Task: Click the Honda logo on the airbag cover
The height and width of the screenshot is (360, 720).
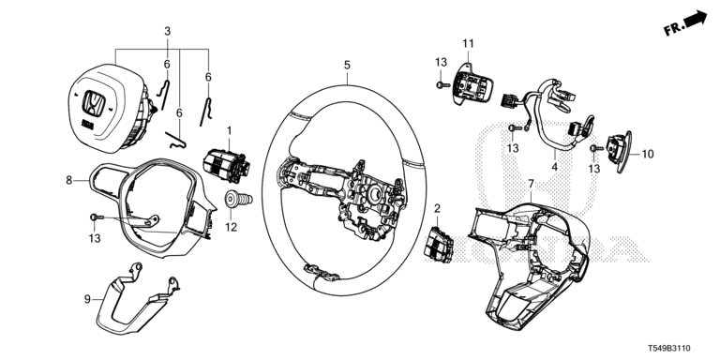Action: tap(94, 102)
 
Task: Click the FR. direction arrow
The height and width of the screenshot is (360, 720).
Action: tap(696, 20)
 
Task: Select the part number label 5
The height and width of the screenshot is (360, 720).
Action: tap(347, 66)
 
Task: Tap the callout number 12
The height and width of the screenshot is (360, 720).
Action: tap(231, 227)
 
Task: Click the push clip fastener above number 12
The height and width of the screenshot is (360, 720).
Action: tap(238, 201)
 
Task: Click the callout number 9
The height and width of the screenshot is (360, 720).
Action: tap(87, 300)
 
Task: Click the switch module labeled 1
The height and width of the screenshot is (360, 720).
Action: tap(226, 165)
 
